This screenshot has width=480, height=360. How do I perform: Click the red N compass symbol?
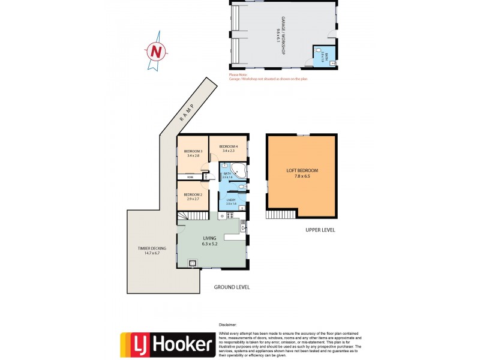(156, 52)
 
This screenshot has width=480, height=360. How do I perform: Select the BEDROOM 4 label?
(229, 149)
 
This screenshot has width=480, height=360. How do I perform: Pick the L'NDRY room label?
(230, 202)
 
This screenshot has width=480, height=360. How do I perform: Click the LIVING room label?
(209, 241)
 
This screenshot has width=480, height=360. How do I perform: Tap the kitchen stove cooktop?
(243, 226)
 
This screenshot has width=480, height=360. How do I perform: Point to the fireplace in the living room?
(193, 262)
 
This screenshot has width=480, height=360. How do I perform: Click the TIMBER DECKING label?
(151, 250)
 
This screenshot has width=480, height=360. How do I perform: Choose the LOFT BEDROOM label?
(302, 173)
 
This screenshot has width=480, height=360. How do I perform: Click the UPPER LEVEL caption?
(320, 230)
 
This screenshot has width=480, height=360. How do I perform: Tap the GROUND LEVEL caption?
(232, 287)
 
